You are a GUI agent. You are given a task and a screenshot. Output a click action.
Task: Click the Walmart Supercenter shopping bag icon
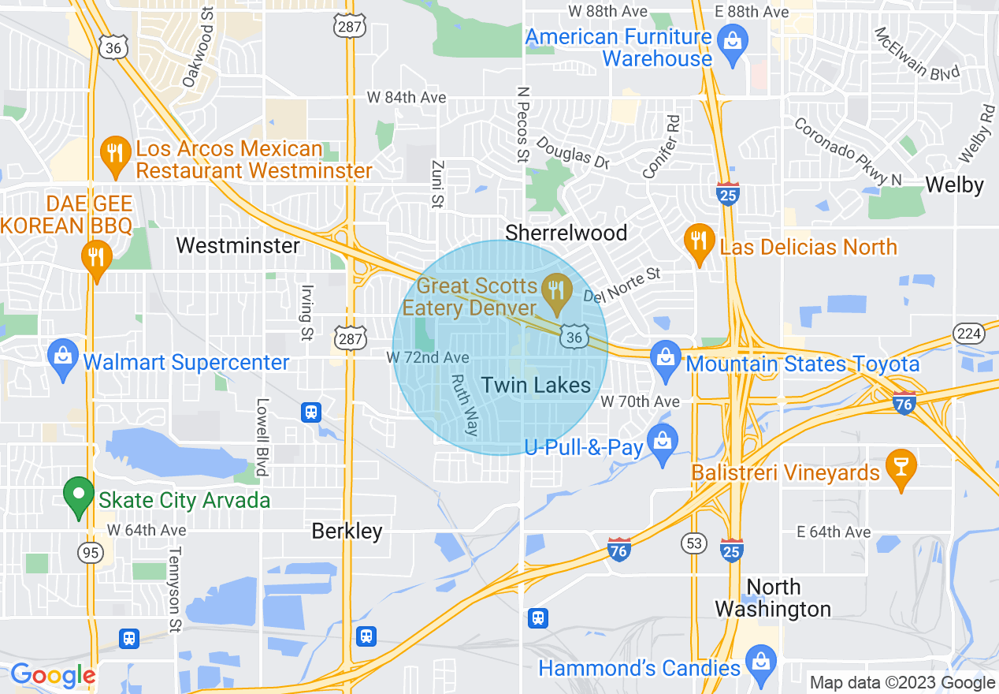pos(62,361)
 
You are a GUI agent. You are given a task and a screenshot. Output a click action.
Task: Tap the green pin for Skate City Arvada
pos(78,497)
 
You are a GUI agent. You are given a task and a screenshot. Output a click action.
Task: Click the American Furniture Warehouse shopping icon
pos(733,44)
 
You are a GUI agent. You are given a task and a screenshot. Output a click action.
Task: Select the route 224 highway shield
pos(968,334)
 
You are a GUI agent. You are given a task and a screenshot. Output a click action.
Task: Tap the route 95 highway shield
pos(91,552)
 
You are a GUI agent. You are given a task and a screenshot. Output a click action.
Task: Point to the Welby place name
pos(954,185)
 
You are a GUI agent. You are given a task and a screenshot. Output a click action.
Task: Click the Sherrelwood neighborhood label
pos(566,233)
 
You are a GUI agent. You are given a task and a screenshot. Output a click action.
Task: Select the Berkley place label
pos(347,531)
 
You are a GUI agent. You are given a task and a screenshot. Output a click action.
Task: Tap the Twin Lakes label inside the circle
pos(536,385)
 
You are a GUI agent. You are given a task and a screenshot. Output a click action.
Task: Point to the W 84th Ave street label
pos(407,98)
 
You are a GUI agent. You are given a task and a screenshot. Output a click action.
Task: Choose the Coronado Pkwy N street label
pos(847,153)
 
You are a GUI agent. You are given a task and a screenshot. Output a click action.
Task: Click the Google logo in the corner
pos(52,675)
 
